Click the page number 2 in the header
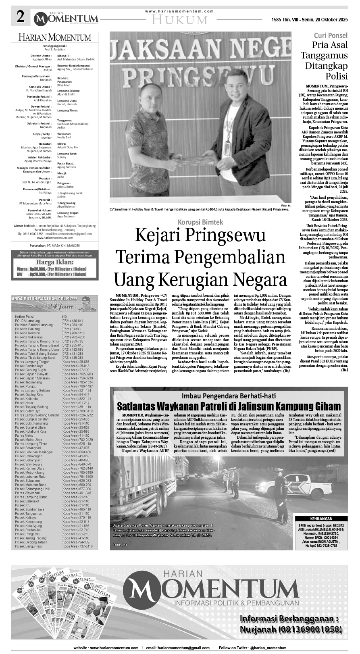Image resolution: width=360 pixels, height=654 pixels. tap(20, 17)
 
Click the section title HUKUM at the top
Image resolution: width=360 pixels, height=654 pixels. tap(180, 19)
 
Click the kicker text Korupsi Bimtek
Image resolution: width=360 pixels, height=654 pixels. tap(200, 221)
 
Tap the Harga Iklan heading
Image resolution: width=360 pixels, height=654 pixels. tap(54, 261)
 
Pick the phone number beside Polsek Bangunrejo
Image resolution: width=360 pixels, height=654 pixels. tap(77, 546)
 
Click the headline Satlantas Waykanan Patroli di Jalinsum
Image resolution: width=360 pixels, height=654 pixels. tap(229, 406)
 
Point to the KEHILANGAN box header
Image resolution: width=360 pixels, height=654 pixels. tap(321, 519)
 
